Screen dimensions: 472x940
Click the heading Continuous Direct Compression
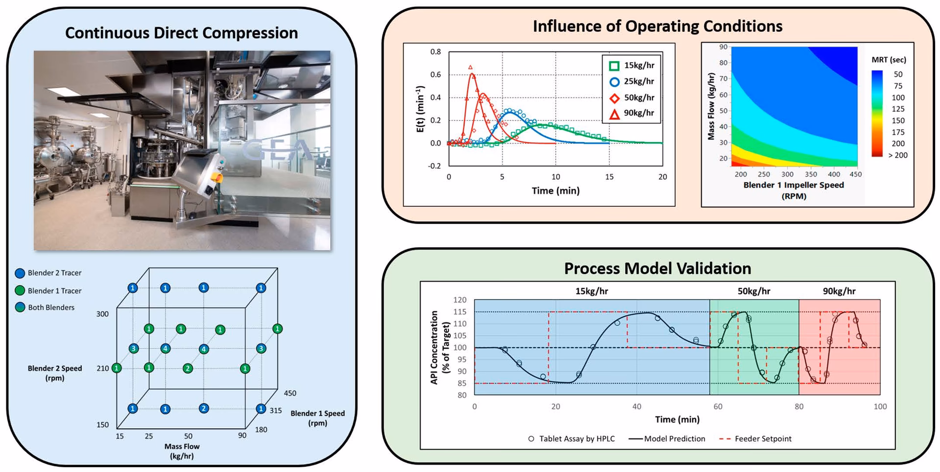181,33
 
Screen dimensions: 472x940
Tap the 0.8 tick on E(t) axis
435,51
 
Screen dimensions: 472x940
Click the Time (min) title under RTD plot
555,191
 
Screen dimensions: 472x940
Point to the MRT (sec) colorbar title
889,60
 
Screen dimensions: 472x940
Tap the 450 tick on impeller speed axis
855,174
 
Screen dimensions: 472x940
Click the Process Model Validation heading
657,268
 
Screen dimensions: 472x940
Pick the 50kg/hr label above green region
753,291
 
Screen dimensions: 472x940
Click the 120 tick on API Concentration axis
460,300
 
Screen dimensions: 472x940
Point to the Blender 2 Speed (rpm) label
55,373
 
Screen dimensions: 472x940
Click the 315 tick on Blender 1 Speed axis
276,410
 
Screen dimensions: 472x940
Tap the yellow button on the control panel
219,177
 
